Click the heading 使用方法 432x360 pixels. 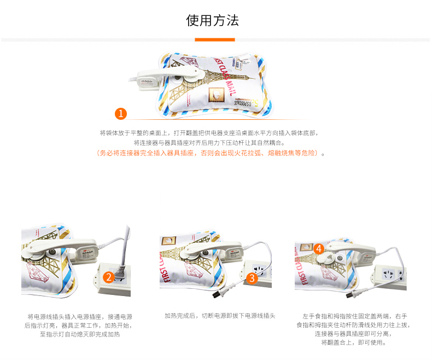pos(213,21)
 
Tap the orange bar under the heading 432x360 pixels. pos(215,40)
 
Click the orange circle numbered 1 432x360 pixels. pos(121,114)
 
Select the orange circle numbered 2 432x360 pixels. pos(109,277)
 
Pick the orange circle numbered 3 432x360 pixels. pos(252,278)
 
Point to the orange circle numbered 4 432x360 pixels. pos(319,248)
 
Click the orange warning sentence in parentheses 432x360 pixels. pos(209,153)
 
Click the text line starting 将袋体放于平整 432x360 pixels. pos(208,133)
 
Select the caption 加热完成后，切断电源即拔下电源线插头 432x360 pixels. pos(220,316)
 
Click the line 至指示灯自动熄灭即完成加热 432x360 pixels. pos(80,334)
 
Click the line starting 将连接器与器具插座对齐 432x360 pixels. pos(208,142)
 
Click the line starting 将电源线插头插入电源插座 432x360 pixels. pos(80,316)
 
